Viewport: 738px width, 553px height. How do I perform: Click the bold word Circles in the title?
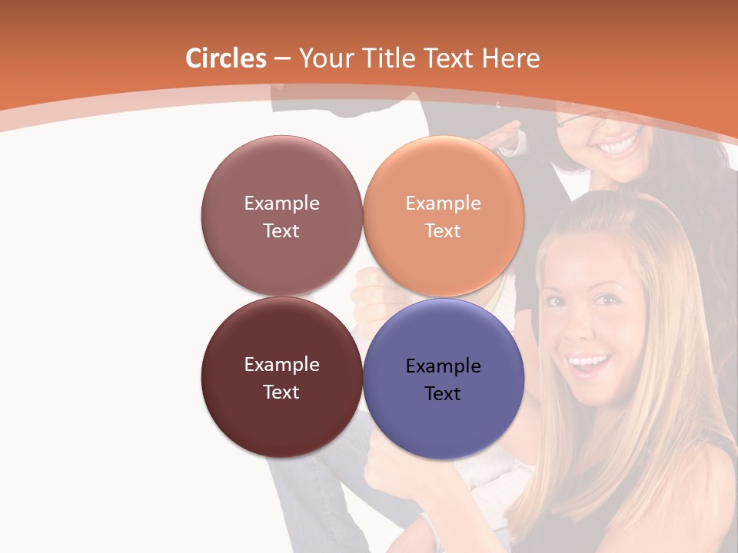225,58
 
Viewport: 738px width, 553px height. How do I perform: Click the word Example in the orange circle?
443,204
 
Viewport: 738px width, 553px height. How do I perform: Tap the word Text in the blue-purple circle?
443,394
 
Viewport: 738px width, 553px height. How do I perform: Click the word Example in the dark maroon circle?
281,365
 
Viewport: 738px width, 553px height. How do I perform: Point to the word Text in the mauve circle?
281,231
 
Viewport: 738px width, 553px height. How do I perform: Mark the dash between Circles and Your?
282,58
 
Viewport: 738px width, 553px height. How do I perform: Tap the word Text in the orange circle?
443,231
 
